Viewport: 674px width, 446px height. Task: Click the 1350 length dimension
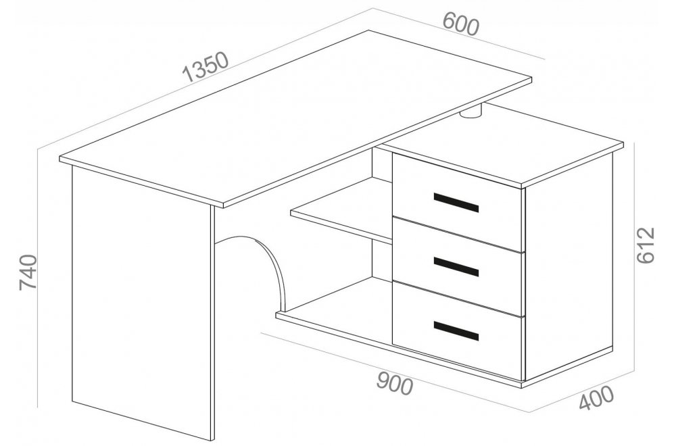click(206, 67)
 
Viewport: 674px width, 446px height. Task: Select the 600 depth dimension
click(460, 24)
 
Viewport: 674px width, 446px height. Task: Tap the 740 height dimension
click(28, 272)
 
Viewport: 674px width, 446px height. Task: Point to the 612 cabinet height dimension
click(645, 245)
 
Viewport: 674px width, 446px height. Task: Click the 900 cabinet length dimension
click(395, 384)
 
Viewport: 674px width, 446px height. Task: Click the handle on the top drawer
click(456, 203)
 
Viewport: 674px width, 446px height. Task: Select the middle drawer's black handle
click(456, 267)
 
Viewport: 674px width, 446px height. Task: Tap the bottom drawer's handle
click(456, 331)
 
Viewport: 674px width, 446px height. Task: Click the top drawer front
click(458, 202)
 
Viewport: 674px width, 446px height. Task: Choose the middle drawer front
click(458, 266)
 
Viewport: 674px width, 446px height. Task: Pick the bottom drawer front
click(458, 331)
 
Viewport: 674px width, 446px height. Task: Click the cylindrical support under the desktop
click(472, 112)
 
